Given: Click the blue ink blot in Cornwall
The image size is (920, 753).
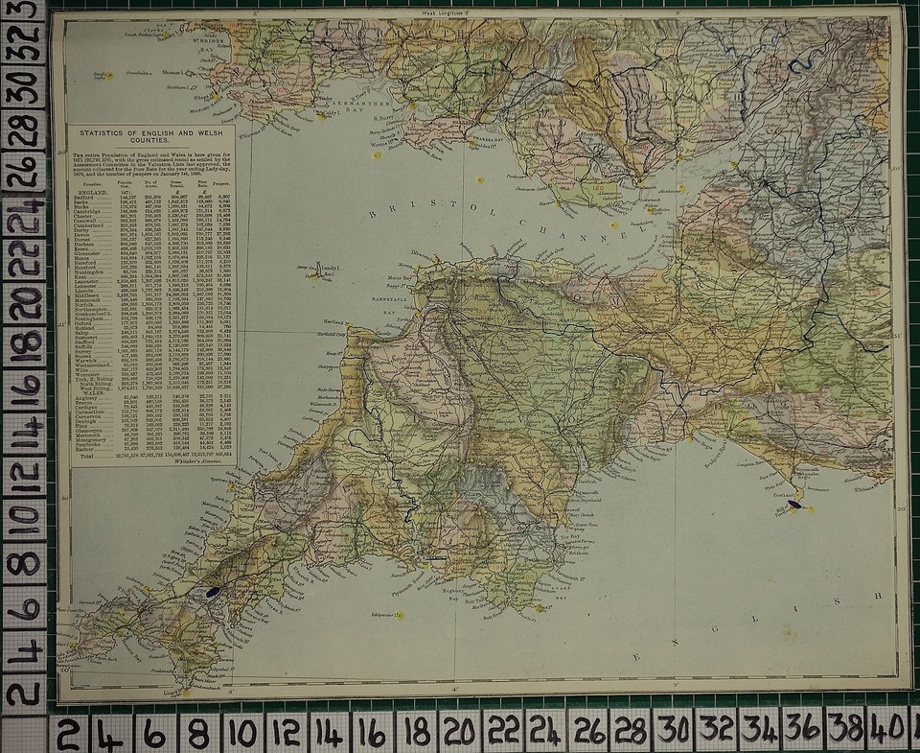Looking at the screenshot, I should click(212, 594).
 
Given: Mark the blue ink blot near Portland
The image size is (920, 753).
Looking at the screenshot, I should click(795, 499).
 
